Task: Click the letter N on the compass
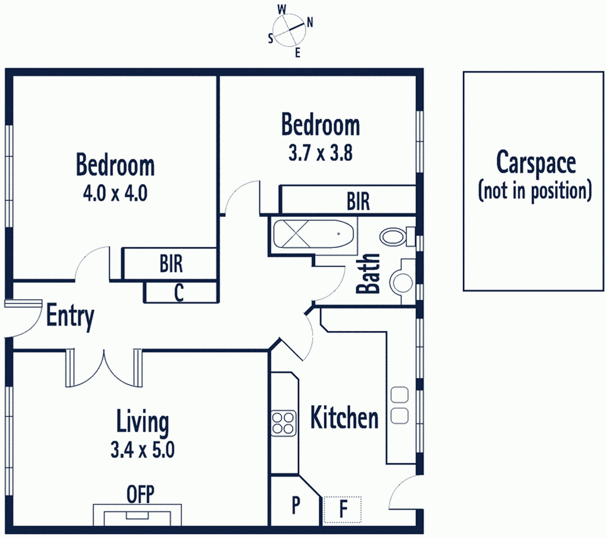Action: pos(310,22)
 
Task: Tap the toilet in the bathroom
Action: pos(397,236)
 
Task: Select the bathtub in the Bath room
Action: pos(314,234)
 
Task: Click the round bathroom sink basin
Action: pos(401,282)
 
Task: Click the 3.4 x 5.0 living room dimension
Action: pos(142,450)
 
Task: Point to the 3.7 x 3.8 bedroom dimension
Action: pos(320,153)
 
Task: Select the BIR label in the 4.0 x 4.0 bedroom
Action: pos(171,264)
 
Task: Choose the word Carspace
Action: pos(536,163)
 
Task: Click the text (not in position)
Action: pos(535,190)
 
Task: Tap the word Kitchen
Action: pos(344,418)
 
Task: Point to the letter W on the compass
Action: pos(282,10)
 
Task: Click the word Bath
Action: pos(368,273)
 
